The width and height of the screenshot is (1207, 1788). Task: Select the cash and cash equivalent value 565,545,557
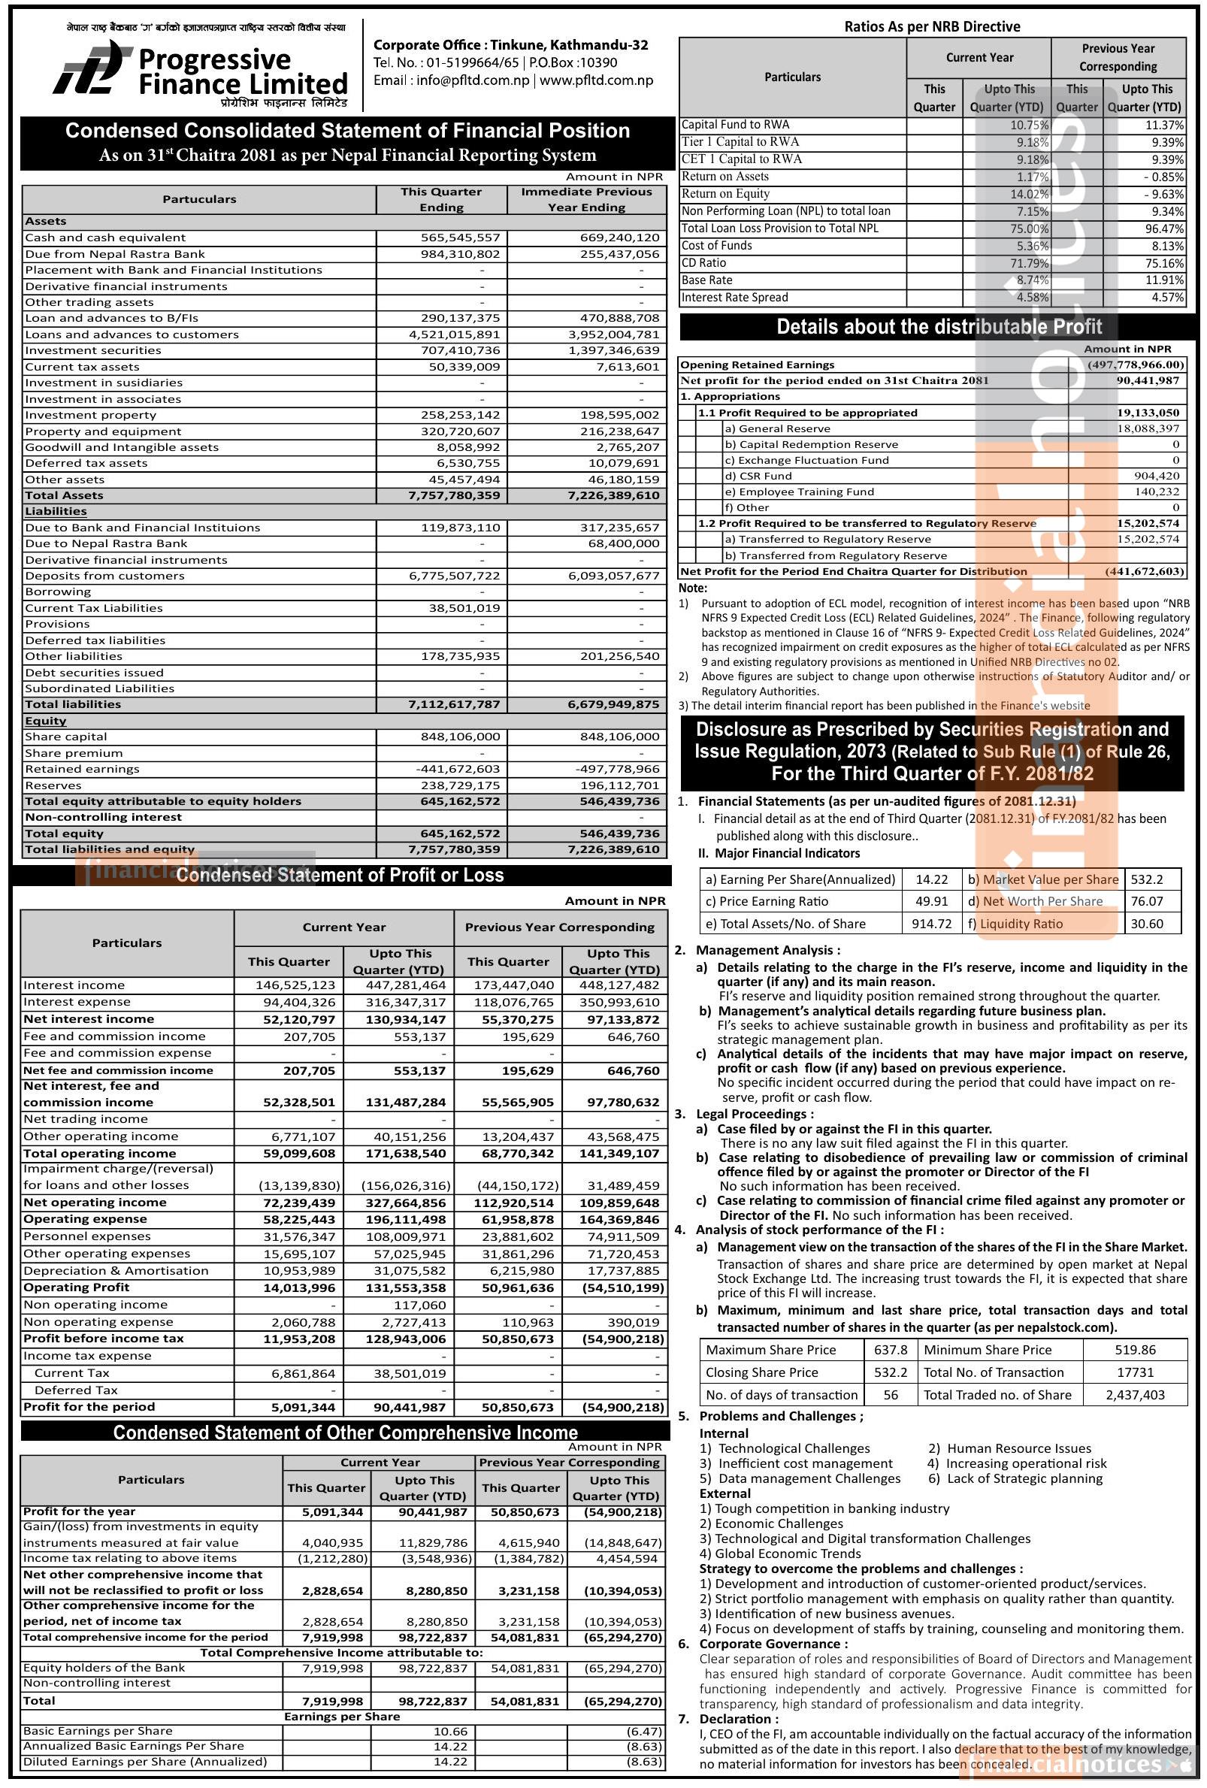[460, 237]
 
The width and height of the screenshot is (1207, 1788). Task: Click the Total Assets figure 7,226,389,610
[613, 495]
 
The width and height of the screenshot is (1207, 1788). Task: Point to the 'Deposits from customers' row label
[95, 576]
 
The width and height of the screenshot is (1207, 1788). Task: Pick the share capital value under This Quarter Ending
[460, 737]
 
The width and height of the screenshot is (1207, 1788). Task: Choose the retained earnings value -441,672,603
[460, 769]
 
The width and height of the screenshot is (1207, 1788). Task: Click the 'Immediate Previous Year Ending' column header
[586, 199]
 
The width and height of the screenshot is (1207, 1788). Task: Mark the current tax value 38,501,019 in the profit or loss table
[407, 1372]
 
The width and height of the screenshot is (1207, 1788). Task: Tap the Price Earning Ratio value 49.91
[931, 901]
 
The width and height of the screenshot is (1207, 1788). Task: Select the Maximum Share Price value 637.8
[890, 1350]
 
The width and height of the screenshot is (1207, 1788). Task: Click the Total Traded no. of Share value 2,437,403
[1135, 1395]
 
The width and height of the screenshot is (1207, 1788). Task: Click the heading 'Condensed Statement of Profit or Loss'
[340, 875]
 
